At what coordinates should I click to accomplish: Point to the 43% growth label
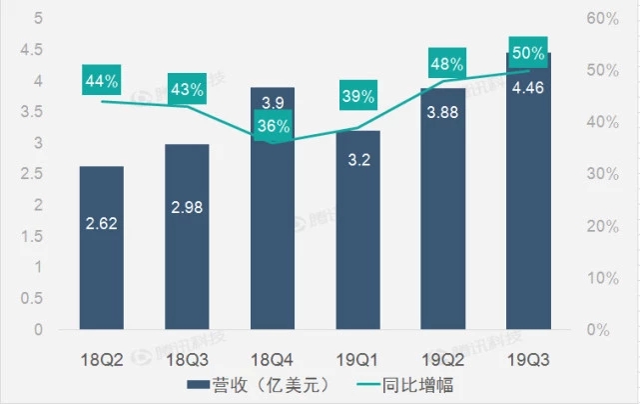pyautogui.click(x=187, y=89)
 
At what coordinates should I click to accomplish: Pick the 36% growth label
pyautogui.click(x=273, y=126)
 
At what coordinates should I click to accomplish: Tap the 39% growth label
pyautogui.click(x=357, y=97)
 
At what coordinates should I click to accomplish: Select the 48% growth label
pyautogui.click(x=445, y=65)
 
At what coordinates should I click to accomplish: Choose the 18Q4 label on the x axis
pyautogui.click(x=273, y=355)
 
